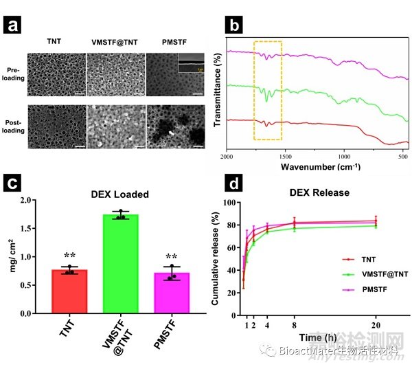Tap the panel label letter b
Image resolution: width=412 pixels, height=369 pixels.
tap(233, 27)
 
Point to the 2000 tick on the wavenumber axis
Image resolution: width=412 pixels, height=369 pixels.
tap(226, 156)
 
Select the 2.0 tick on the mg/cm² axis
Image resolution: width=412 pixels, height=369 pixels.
tap(32, 201)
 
